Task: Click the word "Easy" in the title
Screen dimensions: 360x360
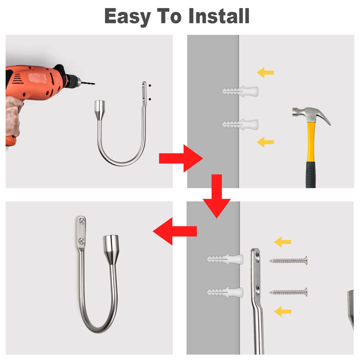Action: coord(127,17)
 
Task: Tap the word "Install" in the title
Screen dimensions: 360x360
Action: coord(219,16)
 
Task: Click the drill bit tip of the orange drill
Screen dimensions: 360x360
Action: coord(94,83)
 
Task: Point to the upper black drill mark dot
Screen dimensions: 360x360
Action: coord(149,85)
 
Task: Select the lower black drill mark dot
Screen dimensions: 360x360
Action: coord(149,99)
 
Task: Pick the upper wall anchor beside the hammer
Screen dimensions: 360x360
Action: coord(240,91)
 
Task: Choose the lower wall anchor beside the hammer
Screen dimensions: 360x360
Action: coord(240,124)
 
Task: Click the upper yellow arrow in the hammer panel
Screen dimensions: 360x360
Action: coord(265,72)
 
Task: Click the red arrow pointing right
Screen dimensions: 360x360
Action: coord(180,158)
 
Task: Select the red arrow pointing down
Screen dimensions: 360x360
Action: coord(216,196)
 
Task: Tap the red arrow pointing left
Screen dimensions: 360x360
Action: coord(174,231)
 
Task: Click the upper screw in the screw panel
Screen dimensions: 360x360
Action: coord(288,260)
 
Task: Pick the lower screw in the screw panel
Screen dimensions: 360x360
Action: coord(288,292)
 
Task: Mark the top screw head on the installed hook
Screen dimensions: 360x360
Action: coord(82,221)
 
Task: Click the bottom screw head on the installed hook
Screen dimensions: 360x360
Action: coord(81,241)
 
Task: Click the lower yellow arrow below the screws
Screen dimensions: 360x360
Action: coord(282,311)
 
